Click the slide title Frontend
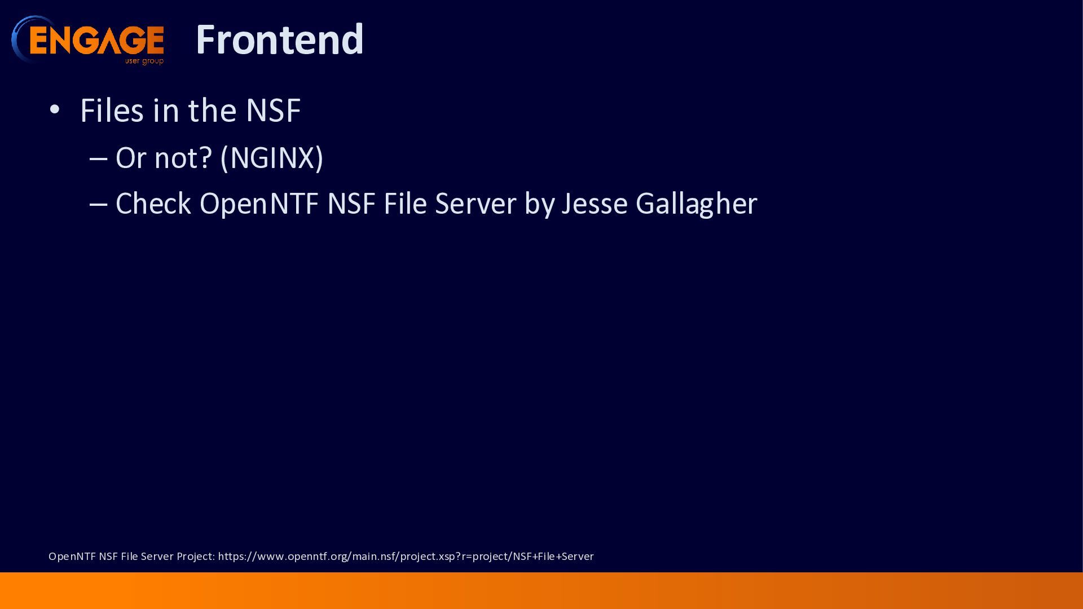(x=279, y=39)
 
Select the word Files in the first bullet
(x=112, y=110)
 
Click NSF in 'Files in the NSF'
(x=273, y=110)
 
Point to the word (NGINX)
(x=272, y=158)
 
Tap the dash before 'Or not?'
(x=98, y=159)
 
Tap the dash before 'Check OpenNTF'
(x=98, y=205)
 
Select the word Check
(x=153, y=204)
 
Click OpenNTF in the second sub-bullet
(x=259, y=204)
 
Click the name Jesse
(x=595, y=204)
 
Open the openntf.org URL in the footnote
(x=406, y=557)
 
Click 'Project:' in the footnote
(x=196, y=557)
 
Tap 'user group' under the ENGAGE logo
(x=144, y=61)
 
